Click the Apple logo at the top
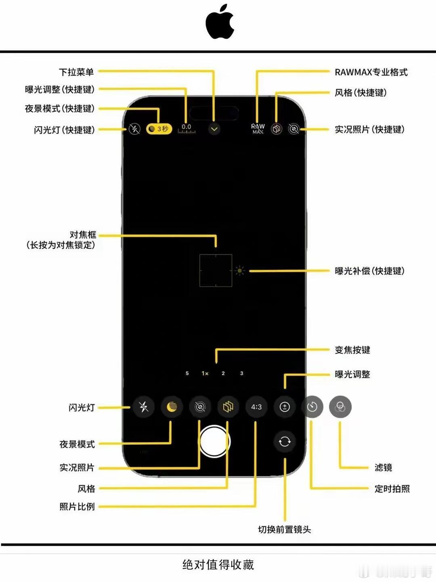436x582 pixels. tap(220, 22)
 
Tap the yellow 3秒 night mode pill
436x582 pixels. tap(159, 129)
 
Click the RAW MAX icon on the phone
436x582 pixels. tap(258, 129)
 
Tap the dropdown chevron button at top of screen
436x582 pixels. tap(214, 129)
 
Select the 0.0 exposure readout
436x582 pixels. tap(186, 129)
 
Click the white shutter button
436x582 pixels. tap(214, 441)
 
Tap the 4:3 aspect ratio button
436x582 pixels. tap(256, 407)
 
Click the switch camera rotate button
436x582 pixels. tap(285, 442)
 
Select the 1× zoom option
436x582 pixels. tap(205, 374)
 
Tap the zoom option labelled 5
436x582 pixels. tap(187, 374)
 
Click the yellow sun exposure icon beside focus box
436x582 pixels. tap(240, 271)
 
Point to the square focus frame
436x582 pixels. tap(216, 270)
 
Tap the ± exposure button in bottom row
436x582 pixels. tap(285, 407)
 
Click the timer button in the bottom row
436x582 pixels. tap(312, 407)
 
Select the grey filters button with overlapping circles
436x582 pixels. tap(340, 407)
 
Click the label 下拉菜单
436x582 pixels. tap(76, 72)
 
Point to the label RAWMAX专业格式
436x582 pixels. tap(371, 72)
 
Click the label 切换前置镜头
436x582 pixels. tap(284, 530)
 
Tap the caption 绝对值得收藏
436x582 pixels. tap(218, 565)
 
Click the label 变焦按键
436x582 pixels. tap(352, 350)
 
